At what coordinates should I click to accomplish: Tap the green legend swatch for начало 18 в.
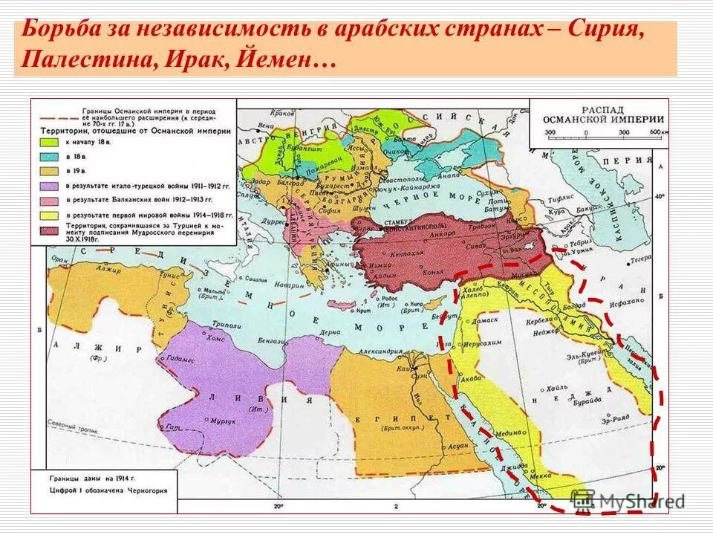(x=51, y=140)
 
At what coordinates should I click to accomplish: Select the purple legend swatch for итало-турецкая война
(x=51, y=185)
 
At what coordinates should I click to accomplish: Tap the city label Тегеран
(x=639, y=259)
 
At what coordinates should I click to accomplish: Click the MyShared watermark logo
(x=628, y=500)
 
